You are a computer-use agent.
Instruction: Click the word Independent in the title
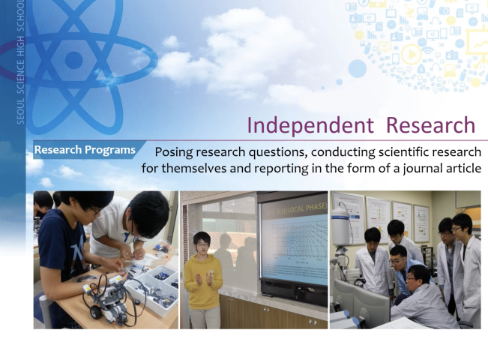310,125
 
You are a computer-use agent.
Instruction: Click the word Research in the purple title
431,125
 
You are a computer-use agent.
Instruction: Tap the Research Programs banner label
85,150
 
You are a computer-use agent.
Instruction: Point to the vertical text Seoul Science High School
20,62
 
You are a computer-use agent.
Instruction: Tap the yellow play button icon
412,55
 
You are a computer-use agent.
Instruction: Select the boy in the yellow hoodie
203,280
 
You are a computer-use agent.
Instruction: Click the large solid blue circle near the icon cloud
358,68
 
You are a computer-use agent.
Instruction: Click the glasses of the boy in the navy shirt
95,211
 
